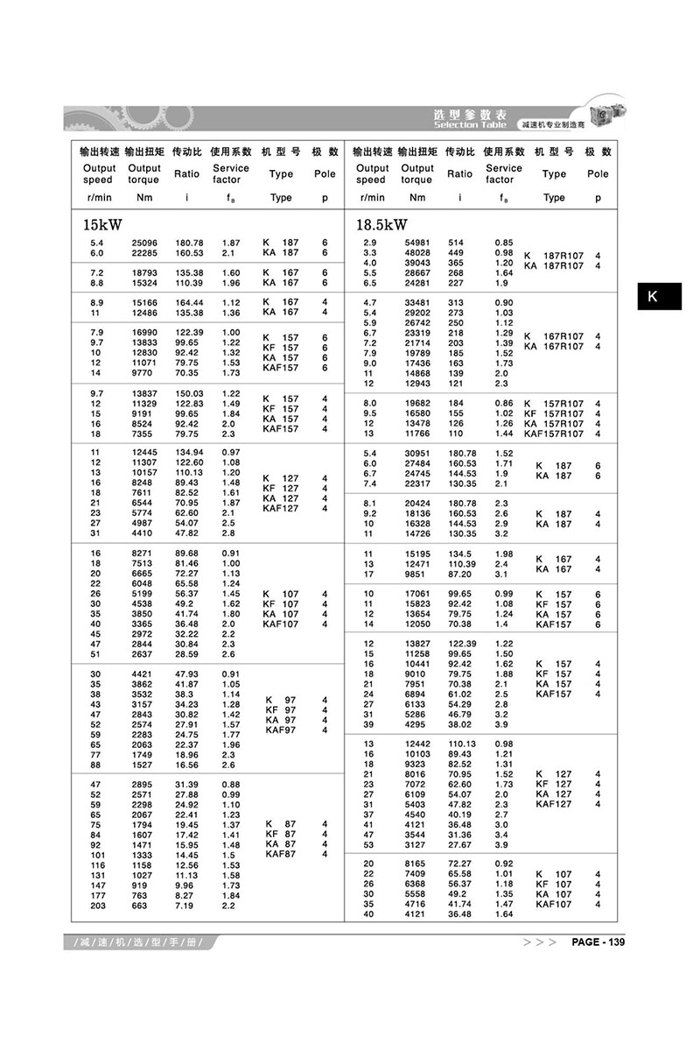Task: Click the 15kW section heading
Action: [x=97, y=225]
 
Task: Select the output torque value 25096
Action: [x=144, y=242]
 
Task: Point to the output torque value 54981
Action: [x=416, y=242]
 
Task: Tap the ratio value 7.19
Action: [x=184, y=905]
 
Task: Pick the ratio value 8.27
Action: [x=184, y=894]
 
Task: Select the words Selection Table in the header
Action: [x=470, y=125]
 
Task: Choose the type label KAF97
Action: [x=281, y=730]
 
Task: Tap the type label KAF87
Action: [x=281, y=854]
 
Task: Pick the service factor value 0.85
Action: [x=504, y=242]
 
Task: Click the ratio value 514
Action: [x=455, y=242]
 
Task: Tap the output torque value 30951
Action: [x=416, y=453]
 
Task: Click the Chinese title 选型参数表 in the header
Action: [x=470, y=115]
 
